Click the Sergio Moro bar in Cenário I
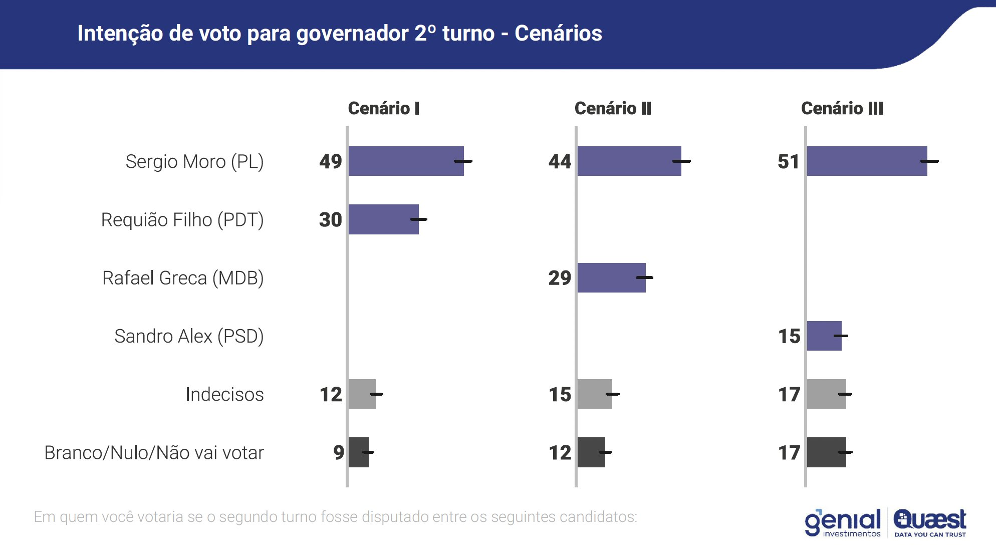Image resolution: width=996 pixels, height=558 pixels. [x=406, y=161]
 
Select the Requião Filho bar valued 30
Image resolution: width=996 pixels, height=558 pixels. [x=383, y=219]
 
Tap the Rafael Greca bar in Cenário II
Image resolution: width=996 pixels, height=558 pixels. [x=611, y=277]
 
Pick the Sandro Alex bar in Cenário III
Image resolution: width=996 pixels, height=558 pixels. [x=824, y=336]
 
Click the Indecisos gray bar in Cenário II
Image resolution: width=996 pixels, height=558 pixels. [x=595, y=394]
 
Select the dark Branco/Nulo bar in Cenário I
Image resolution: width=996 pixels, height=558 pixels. [x=359, y=452]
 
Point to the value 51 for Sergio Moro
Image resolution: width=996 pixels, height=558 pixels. [x=789, y=161]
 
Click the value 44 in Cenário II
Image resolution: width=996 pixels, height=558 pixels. [x=560, y=161]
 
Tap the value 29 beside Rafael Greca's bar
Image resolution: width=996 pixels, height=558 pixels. [x=560, y=277]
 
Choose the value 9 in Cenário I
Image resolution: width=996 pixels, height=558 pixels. [x=339, y=452]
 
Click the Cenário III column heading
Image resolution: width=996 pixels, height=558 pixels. [x=842, y=108]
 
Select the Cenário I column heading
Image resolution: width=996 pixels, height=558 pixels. [x=384, y=108]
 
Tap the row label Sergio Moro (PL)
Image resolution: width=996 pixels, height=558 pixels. [x=194, y=161]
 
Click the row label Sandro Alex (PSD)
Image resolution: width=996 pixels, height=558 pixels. [x=189, y=336]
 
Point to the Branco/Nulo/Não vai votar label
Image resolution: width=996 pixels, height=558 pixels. [x=154, y=452]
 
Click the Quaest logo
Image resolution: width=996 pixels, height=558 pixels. [x=930, y=522]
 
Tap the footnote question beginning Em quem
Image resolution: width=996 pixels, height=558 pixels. [x=335, y=516]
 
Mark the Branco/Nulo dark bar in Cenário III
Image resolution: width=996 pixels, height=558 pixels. [x=827, y=452]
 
